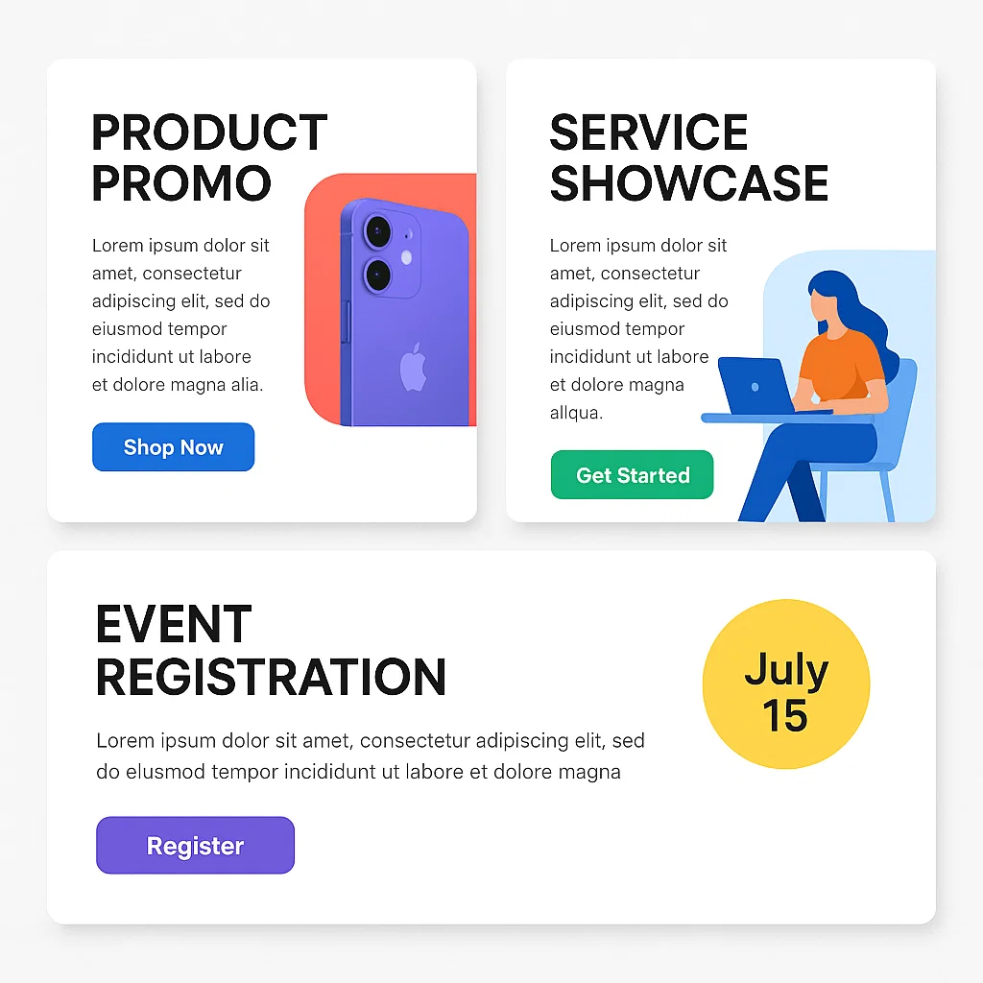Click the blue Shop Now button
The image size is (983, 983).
173,447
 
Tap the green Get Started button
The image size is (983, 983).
632,475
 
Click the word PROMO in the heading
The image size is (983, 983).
181,182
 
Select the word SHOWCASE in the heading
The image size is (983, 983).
688,182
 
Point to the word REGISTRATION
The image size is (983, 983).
271,676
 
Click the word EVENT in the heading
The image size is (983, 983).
174,625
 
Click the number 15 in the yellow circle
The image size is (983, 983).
785,716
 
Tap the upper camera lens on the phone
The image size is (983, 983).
378,230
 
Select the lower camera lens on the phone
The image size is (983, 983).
377,275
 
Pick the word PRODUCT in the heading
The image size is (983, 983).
209,132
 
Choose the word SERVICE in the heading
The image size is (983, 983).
648,132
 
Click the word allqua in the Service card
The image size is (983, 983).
576,414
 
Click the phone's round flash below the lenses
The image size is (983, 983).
406,257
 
